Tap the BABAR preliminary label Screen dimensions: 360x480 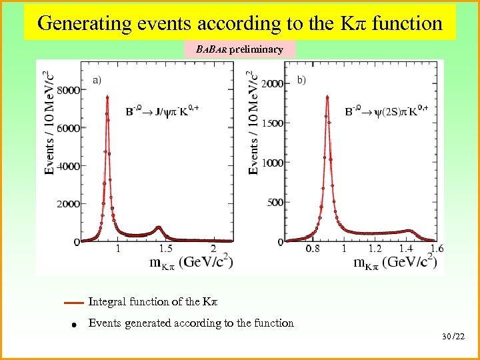click(x=239, y=49)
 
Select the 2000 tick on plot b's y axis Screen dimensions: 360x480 click(x=271, y=84)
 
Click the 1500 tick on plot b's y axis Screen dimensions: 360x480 click(x=271, y=123)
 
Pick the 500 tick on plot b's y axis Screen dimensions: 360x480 click(x=273, y=203)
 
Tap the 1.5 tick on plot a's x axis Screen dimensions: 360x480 click(x=165, y=249)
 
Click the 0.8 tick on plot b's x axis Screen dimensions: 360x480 click(x=313, y=249)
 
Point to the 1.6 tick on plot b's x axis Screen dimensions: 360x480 click(x=436, y=249)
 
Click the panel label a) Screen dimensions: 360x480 click(x=97, y=80)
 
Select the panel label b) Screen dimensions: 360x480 click(x=302, y=80)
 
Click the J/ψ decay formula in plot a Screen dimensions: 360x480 click(x=157, y=111)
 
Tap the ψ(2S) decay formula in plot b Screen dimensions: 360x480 click(x=386, y=111)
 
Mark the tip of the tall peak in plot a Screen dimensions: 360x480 click(x=107, y=96)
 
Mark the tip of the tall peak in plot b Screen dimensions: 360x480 click(x=327, y=96)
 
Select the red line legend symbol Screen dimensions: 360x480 click(x=74, y=303)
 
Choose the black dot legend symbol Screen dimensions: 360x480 click(x=74, y=325)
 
